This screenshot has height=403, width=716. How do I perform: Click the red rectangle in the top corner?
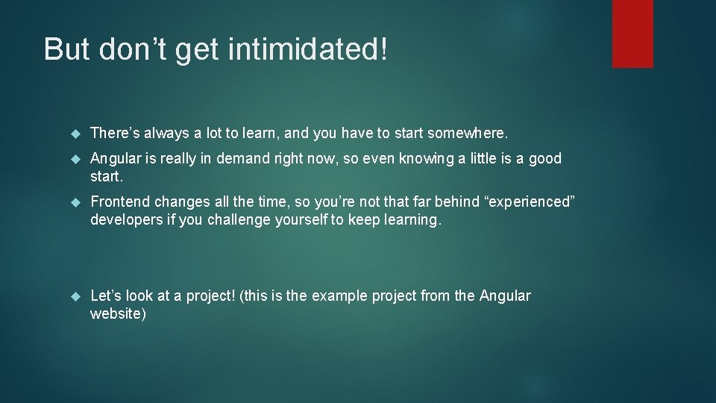point(632,34)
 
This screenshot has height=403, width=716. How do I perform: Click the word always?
point(166,134)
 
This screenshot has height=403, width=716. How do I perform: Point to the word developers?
point(126,220)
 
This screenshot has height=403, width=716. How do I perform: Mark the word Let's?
point(106,296)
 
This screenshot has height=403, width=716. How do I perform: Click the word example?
point(336,296)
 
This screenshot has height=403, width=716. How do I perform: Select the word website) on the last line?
point(118,313)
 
